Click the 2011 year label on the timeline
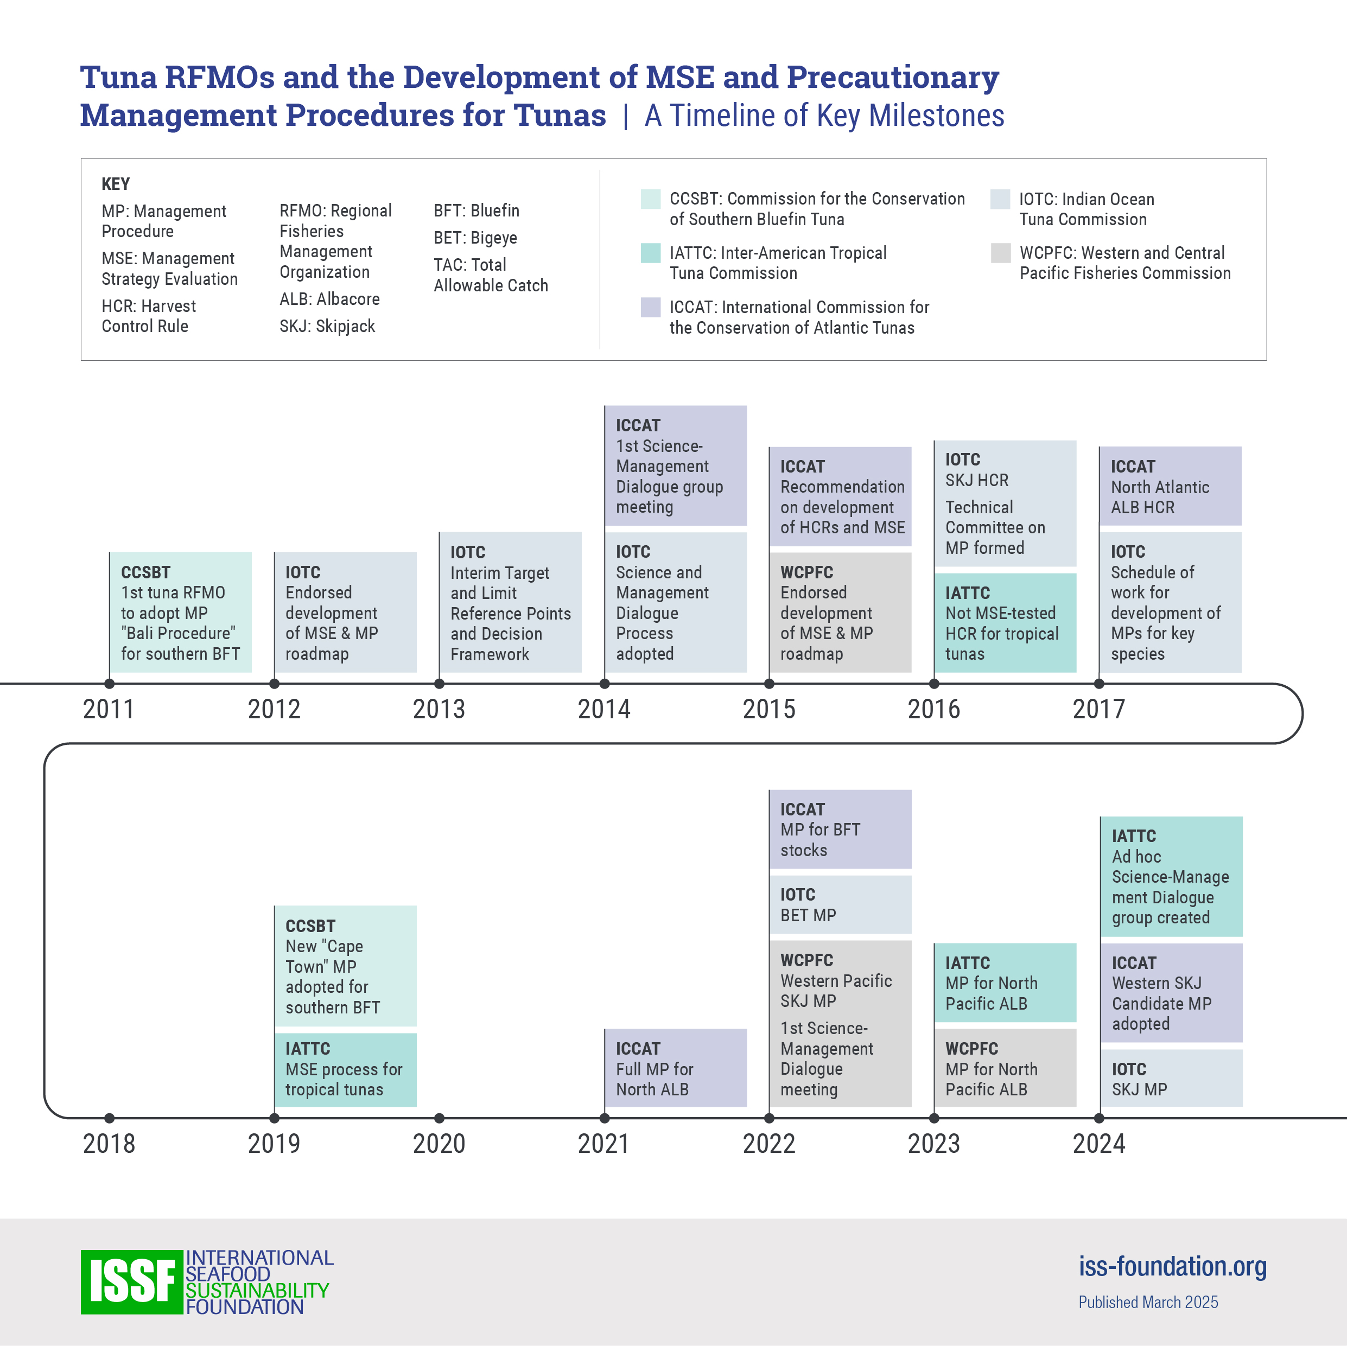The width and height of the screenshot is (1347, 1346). click(x=108, y=709)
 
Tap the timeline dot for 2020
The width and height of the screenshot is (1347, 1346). click(x=439, y=1118)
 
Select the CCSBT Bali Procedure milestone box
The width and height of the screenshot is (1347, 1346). click(x=181, y=612)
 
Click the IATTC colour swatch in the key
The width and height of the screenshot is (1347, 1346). click(x=651, y=253)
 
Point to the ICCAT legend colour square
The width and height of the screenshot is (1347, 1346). click(x=651, y=308)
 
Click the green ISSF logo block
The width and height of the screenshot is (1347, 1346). click(x=132, y=1281)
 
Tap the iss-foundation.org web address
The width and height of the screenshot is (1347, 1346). click(x=1172, y=1267)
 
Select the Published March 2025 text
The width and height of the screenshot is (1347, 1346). click(x=1148, y=1302)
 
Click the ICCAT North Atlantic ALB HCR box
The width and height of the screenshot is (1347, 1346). click(x=1171, y=486)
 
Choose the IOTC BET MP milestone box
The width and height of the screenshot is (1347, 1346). click(x=840, y=904)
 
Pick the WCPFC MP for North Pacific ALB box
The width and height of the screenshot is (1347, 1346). click(x=1005, y=1068)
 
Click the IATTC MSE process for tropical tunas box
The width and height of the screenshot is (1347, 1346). click(x=345, y=1069)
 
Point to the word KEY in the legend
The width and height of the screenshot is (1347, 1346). click(x=116, y=184)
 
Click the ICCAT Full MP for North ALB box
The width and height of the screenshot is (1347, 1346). click(x=675, y=1068)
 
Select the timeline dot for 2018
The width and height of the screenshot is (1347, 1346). click(x=110, y=1118)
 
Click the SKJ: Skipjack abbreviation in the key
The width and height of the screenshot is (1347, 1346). click(x=327, y=326)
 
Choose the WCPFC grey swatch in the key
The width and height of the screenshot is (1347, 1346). click(x=1001, y=253)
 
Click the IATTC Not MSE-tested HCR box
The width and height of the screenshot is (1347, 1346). click(x=1005, y=622)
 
